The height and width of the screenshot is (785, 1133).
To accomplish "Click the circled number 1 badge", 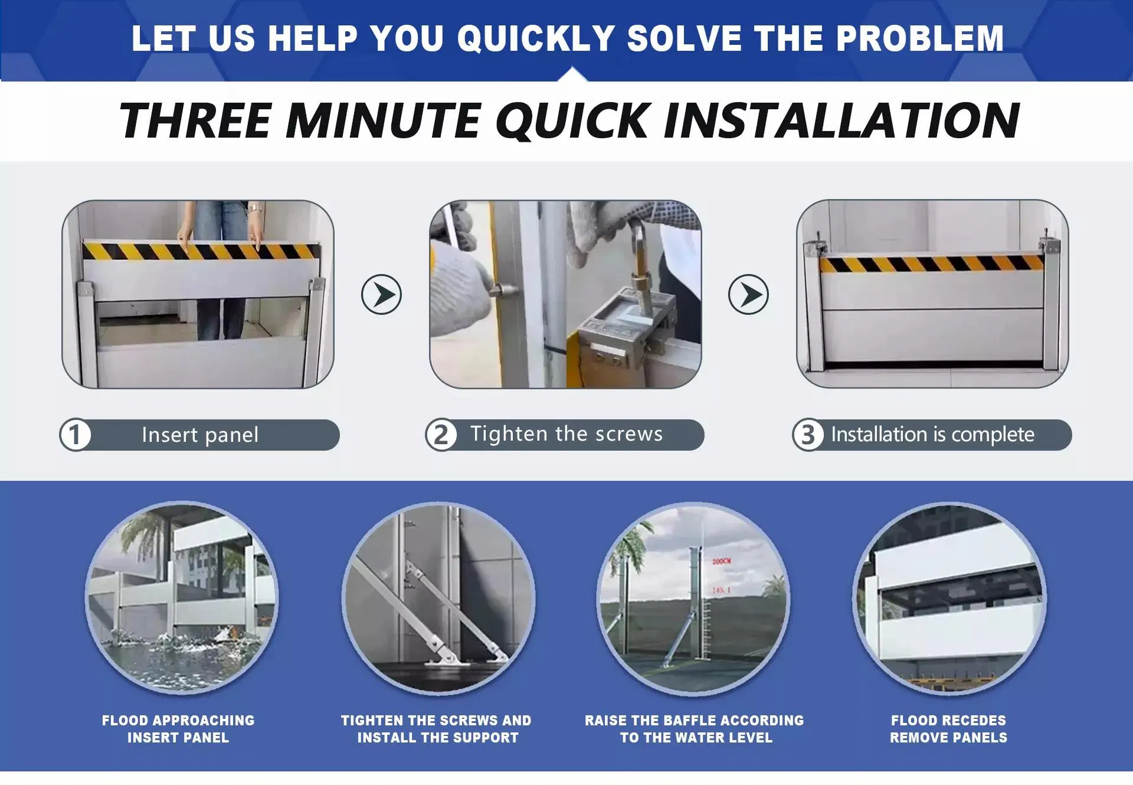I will click(75, 435).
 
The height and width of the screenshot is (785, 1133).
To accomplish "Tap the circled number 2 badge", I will click(441, 435).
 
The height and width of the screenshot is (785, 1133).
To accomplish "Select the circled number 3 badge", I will click(807, 435).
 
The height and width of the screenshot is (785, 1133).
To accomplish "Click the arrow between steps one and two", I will click(381, 294).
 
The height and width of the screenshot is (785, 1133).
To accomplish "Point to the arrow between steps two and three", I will click(748, 294).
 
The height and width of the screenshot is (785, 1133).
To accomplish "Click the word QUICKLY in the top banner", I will click(536, 38).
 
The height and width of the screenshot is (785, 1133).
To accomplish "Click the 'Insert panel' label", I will click(200, 435).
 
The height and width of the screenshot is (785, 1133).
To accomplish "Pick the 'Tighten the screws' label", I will click(566, 434).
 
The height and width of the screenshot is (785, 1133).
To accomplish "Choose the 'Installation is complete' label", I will click(932, 435).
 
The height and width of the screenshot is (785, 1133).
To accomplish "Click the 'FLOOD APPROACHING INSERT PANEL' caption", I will click(178, 729).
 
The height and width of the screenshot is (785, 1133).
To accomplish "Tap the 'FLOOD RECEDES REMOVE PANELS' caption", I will click(948, 729).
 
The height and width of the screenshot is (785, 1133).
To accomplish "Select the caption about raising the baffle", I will click(695, 729).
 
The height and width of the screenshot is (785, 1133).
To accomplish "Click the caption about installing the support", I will click(437, 729).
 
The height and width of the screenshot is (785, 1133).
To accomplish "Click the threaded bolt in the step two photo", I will click(639, 278).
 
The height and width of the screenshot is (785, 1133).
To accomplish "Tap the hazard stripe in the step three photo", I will click(931, 264).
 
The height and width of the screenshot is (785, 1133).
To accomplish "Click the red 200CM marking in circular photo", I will click(721, 561).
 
